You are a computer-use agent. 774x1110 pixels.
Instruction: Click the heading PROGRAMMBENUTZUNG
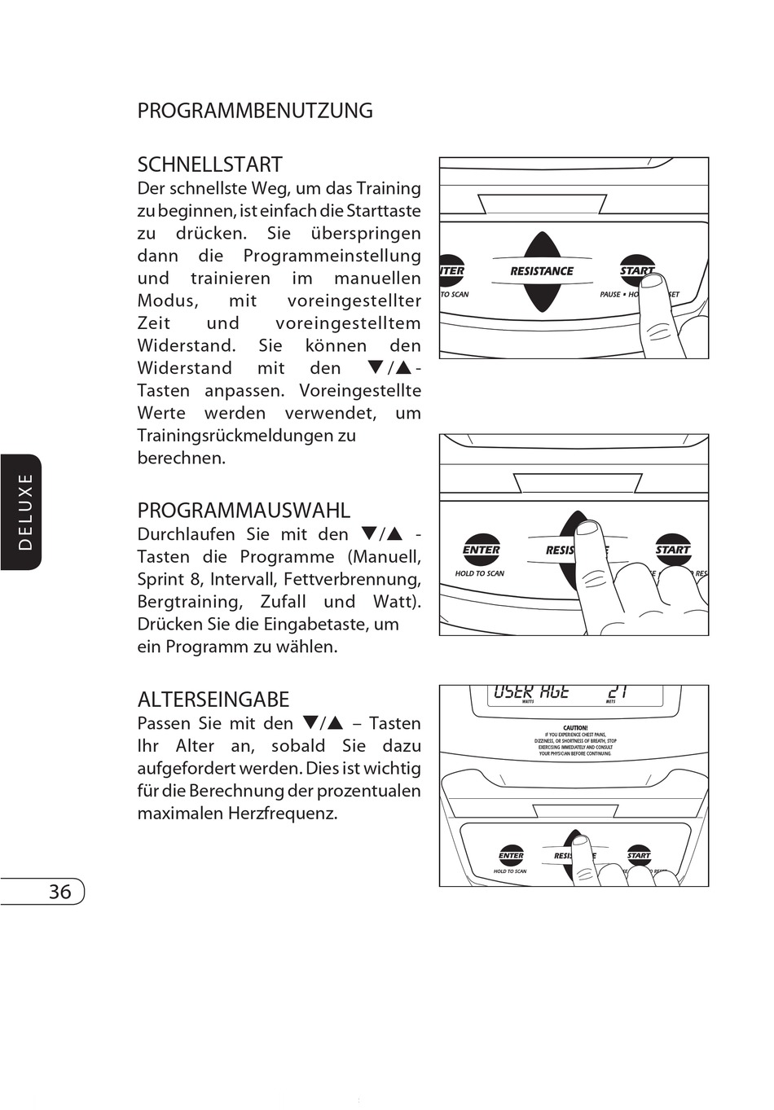pos(255,111)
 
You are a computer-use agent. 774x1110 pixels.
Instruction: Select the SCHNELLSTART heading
pos(209,165)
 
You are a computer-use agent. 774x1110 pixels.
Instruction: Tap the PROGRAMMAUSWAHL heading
pos(244,511)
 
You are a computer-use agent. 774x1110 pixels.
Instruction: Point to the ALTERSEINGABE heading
pos(213,700)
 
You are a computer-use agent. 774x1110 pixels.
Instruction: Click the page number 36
pos(59,892)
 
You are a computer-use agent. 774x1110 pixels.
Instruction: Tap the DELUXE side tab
pos(25,511)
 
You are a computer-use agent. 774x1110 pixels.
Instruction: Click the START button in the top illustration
pos(636,270)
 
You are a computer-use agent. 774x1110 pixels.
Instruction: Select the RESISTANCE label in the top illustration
pos(542,271)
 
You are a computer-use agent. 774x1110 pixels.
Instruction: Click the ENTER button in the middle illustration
pos(481,550)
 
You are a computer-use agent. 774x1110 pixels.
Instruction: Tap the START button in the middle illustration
pos(673,550)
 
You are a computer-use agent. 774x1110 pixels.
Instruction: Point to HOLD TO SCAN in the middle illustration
pos(480,573)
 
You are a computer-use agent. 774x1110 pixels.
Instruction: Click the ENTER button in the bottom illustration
pos(511,855)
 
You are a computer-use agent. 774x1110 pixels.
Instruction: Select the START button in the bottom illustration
pos(639,855)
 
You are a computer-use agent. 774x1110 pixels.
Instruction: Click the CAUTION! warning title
pos(575,728)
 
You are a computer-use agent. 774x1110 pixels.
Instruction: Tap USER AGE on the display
pos(531,692)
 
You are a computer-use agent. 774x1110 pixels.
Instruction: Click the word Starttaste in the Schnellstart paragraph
pos(384,211)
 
